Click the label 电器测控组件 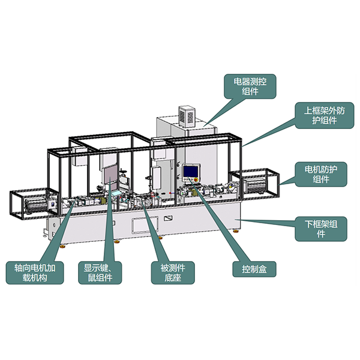pyautogui.click(x=250, y=86)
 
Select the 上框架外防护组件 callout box pyautogui.click(x=325, y=115)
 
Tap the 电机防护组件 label pyautogui.click(x=321, y=174)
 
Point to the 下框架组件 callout pyautogui.click(x=321, y=229)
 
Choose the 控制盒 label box pyautogui.click(x=254, y=269)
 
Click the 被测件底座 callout pyautogui.click(x=173, y=273)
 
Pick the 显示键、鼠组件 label pyautogui.click(x=100, y=273)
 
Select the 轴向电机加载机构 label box pyautogui.click(x=35, y=273)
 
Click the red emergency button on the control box pyautogui.click(x=196, y=179)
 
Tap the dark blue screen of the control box pyautogui.click(x=191, y=171)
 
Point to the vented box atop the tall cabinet pyautogui.click(x=187, y=116)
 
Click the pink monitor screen pyautogui.click(x=110, y=175)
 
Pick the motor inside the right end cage pyautogui.click(x=254, y=185)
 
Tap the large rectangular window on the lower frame pyautogui.click(x=145, y=225)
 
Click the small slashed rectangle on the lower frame pyautogui.click(x=168, y=218)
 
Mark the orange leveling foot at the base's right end pyautogui.click(x=236, y=231)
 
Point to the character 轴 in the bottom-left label pyautogui.click(x=19, y=268)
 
